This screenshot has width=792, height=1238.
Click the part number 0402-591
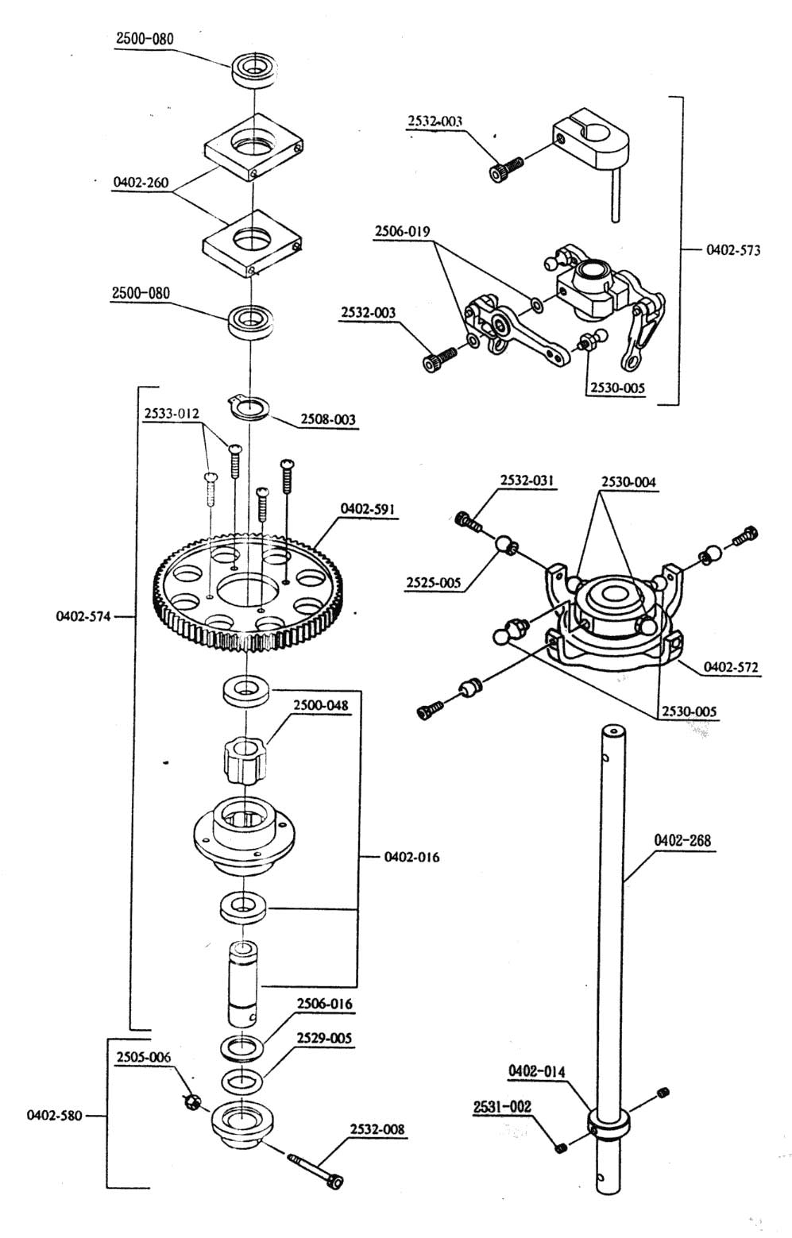coord(368,508)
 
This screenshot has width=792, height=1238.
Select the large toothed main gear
coord(249,592)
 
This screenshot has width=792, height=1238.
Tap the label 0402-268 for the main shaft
coord(682,841)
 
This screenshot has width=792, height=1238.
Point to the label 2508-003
coord(328,419)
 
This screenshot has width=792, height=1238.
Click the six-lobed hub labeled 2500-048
coord(245,762)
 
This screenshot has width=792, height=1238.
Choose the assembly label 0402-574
coord(83,615)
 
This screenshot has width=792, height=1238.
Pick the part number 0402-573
coord(733,250)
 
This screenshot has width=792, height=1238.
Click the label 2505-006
coord(144,1057)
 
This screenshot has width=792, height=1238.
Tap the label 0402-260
coord(141,183)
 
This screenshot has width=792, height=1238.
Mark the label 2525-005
coord(433,583)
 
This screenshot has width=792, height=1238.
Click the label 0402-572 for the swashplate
coord(731,667)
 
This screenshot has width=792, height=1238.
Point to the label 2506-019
coord(403,231)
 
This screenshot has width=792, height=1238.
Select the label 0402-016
coord(411,857)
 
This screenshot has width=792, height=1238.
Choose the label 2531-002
coord(502,1106)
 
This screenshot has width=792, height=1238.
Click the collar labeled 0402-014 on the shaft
coord(607,1123)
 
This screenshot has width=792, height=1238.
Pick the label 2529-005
coord(324,1038)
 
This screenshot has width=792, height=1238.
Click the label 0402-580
coord(54,1115)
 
